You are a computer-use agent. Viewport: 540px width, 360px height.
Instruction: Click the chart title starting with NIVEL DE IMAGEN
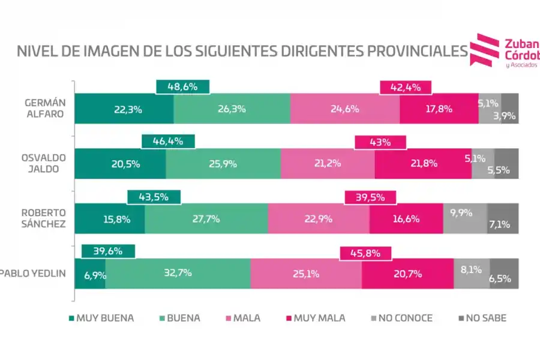[x=242, y=51]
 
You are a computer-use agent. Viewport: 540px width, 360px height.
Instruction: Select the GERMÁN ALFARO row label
[x=43, y=108]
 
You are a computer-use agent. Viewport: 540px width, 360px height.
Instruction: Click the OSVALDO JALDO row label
[x=43, y=163]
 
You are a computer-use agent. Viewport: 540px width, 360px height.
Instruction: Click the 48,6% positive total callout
[x=182, y=87]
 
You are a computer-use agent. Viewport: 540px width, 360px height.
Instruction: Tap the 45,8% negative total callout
[x=365, y=253]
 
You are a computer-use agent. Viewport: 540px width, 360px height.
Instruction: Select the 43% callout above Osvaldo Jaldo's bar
[x=380, y=142]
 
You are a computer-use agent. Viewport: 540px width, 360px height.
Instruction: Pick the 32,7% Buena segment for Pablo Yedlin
[x=178, y=274]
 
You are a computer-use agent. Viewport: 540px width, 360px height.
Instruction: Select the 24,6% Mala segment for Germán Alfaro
[x=344, y=109]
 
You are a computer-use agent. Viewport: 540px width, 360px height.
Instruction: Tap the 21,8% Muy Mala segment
[x=422, y=164]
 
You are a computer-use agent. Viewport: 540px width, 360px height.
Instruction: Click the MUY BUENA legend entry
[x=100, y=318]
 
